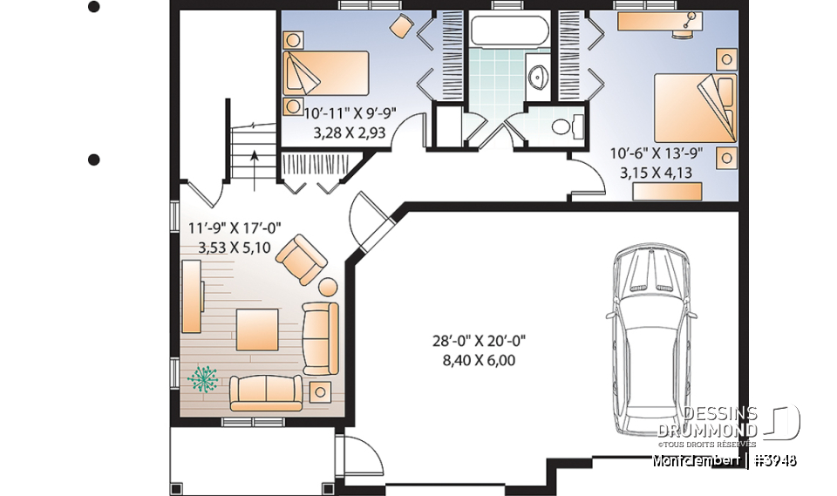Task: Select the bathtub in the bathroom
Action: tap(510, 33)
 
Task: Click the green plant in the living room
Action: tap(204, 378)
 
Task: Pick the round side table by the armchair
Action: tap(329, 286)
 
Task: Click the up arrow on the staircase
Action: tap(254, 161)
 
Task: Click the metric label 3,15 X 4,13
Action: tap(656, 173)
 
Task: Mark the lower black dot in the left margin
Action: tap(94, 160)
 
